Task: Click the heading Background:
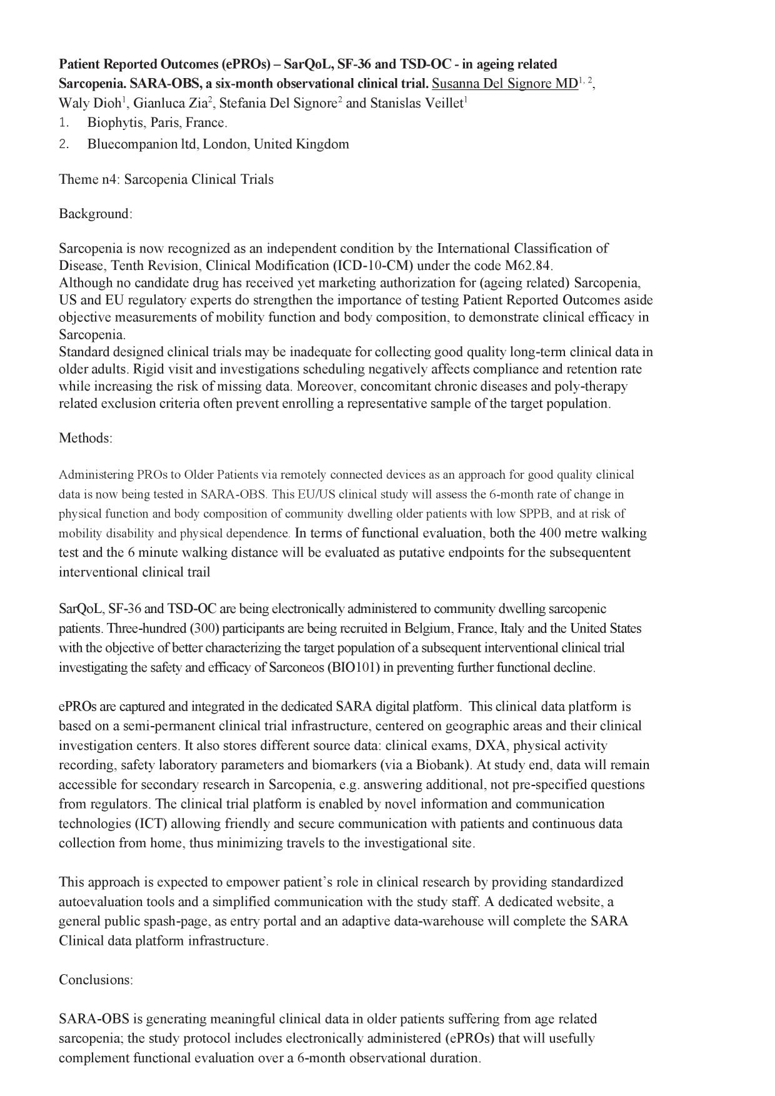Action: pyautogui.click(x=96, y=214)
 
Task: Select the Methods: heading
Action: pyautogui.click(x=86, y=438)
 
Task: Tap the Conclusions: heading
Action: pyautogui.click(x=96, y=979)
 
